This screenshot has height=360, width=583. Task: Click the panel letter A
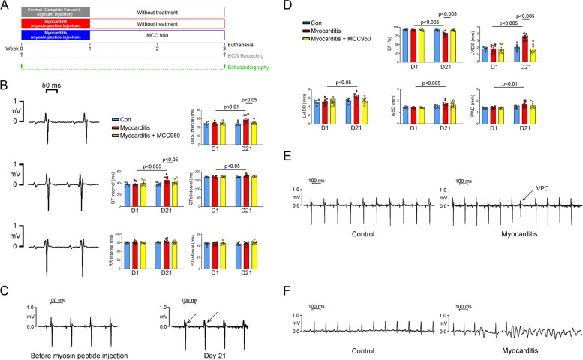coord(6,6)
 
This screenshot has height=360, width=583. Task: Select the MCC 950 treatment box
coord(158,35)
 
